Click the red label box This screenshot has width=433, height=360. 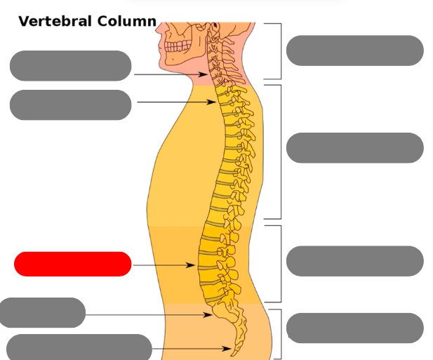(72, 264)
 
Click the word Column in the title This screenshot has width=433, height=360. (126, 21)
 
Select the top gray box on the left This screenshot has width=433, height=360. (70, 65)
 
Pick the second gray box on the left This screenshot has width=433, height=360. (70, 105)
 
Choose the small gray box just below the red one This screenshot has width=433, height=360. (42, 312)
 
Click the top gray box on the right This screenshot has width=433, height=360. (354, 51)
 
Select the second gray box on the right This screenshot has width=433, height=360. (354, 147)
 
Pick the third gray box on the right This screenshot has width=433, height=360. (354, 261)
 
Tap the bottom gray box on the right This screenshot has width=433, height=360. (354, 328)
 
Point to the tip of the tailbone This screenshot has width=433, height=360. (235, 350)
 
